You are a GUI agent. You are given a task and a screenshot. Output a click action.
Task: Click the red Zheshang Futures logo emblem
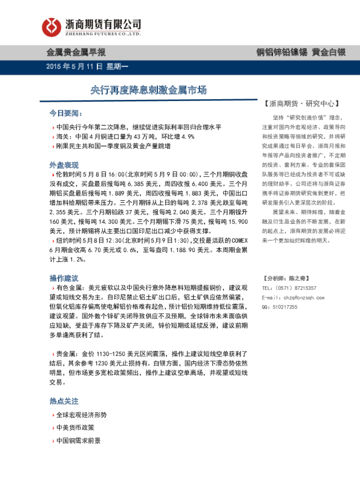click(53, 27)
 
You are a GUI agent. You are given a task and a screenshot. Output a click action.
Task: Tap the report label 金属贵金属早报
click(76, 53)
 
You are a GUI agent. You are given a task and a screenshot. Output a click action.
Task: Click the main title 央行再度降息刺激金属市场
click(149, 91)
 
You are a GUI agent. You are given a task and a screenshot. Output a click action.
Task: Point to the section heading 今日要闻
click(65, 114)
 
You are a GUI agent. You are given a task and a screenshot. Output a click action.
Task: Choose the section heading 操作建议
click(64, 278)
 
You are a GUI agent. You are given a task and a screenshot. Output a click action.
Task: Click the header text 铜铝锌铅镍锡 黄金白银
click(301, 53)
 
